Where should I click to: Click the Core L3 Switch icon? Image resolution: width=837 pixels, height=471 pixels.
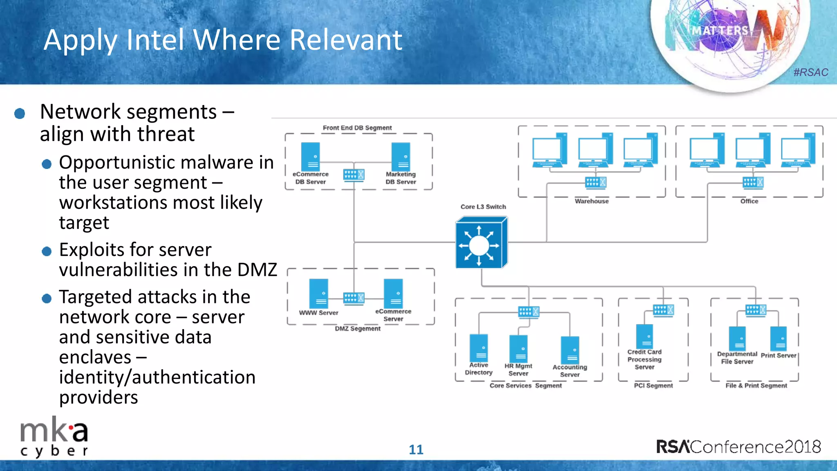(x=481, y=243)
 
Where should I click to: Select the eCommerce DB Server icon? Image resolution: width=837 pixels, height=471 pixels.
(x=311, y=157)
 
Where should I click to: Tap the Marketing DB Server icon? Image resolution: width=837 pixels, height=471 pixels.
(x=401, y=157)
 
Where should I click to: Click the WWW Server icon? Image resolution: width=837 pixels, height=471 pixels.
(x=319, y=294)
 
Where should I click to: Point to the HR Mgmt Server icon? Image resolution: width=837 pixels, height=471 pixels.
(x=518, y=349)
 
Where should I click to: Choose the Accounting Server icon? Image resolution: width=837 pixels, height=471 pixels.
(x=570, y=350)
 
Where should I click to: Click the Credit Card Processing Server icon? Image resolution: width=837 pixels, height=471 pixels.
(x=645, y=336)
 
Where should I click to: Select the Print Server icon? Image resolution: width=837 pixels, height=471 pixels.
(x=779, y=339)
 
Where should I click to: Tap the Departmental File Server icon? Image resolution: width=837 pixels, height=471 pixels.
(x=737, y=339)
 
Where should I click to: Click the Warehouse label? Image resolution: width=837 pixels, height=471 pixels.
(x=592, y=201)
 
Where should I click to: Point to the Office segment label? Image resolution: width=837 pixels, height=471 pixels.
(x=749, y=201)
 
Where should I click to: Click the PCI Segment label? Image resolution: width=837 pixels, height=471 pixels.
(x=653, y=386)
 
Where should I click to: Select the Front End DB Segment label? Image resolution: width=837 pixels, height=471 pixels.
(x=357, y=128)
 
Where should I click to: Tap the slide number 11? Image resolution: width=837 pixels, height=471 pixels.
(x=416, y=450)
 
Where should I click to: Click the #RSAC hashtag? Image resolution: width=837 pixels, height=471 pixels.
(x=811, y=72)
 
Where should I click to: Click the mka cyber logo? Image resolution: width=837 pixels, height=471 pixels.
(x=54, y=439)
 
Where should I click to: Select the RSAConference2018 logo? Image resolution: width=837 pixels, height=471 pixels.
(x=739, y=447)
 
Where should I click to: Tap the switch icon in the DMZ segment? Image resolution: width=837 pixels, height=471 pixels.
(x=354, y=298)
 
